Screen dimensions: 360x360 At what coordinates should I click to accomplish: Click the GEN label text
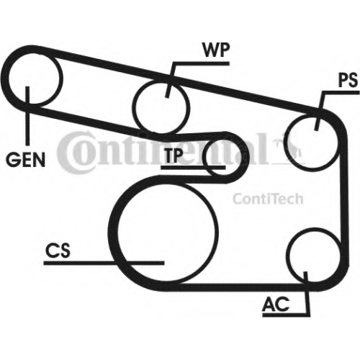25,160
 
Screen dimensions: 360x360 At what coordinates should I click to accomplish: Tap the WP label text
216,50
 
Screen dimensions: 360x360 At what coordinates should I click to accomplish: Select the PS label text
348,81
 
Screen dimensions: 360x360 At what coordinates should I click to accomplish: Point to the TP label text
174,156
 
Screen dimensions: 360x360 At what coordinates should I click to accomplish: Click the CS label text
58,250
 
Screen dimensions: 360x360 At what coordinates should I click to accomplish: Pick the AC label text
276,304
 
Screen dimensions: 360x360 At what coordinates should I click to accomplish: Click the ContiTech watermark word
268,199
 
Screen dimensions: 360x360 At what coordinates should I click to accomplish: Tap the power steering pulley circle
284,142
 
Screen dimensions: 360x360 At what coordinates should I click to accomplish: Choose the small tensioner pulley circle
204,157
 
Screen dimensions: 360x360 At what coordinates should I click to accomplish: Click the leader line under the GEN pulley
27,116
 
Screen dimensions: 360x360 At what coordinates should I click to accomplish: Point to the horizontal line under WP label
201,63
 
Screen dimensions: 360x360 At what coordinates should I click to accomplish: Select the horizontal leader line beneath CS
104,263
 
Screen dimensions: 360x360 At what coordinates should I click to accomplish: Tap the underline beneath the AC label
286,315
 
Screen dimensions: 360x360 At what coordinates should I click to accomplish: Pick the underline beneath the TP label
193,167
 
